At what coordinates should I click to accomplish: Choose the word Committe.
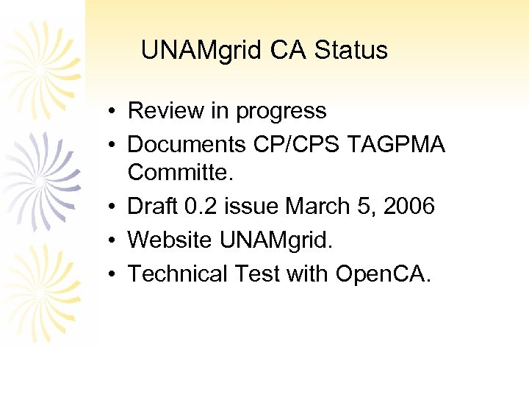tap(179, 173)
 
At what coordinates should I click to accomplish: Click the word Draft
tap(154, 207)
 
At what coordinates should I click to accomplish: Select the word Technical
tap(179, 273)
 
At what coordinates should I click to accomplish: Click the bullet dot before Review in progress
tap(107, 112)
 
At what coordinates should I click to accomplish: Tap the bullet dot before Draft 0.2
tap(107, 207)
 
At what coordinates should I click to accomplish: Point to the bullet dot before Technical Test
tap(107, 274)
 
